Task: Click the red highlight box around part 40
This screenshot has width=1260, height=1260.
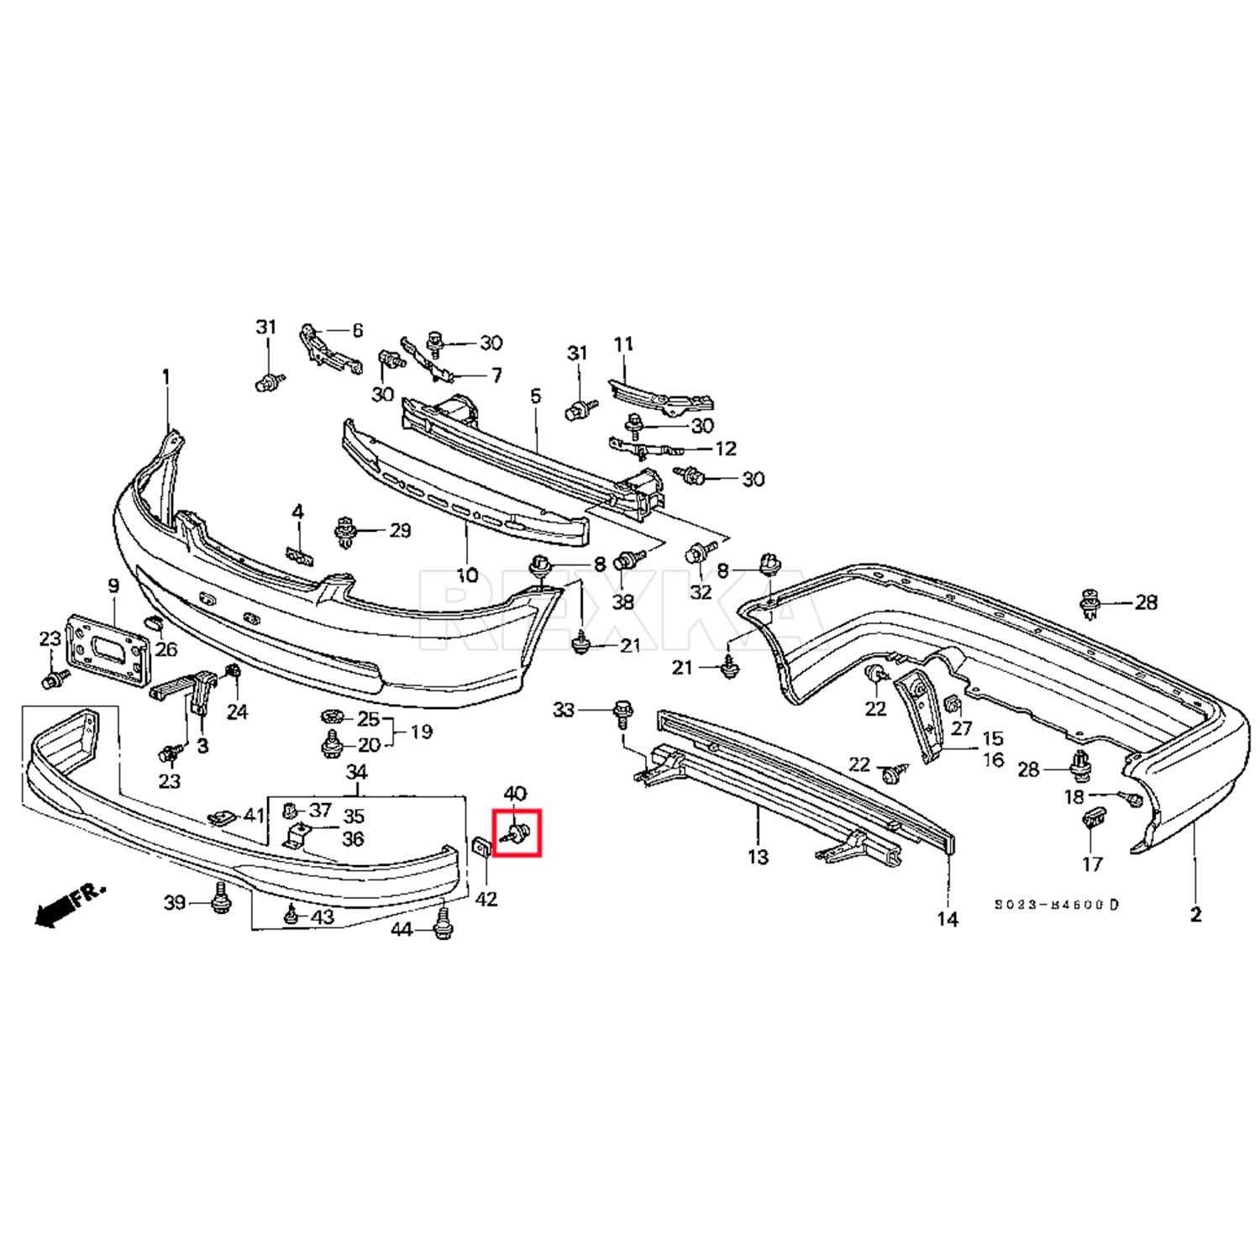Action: tap(517, 832)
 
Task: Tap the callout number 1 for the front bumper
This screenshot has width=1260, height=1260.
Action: tap(165, 376)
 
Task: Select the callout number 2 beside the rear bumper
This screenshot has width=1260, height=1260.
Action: tap(1194, 915)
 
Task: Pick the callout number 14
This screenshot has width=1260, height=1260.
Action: tap(947, 919)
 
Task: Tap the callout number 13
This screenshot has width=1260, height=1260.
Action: tap(758, 857)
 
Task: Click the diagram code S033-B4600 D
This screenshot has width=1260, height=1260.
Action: tap(1057, 905)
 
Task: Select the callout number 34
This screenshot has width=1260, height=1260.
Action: tap(357, 772)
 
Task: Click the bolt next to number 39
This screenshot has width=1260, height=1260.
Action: tap(220, 903)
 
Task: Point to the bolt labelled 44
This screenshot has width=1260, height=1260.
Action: tap(439, 927)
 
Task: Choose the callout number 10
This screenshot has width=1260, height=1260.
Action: tap(467, 575)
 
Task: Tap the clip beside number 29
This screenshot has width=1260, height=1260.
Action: tap(345, 531)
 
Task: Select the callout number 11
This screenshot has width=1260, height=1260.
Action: tap(624, 344)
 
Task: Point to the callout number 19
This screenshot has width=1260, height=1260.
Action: tap(422, 732)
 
